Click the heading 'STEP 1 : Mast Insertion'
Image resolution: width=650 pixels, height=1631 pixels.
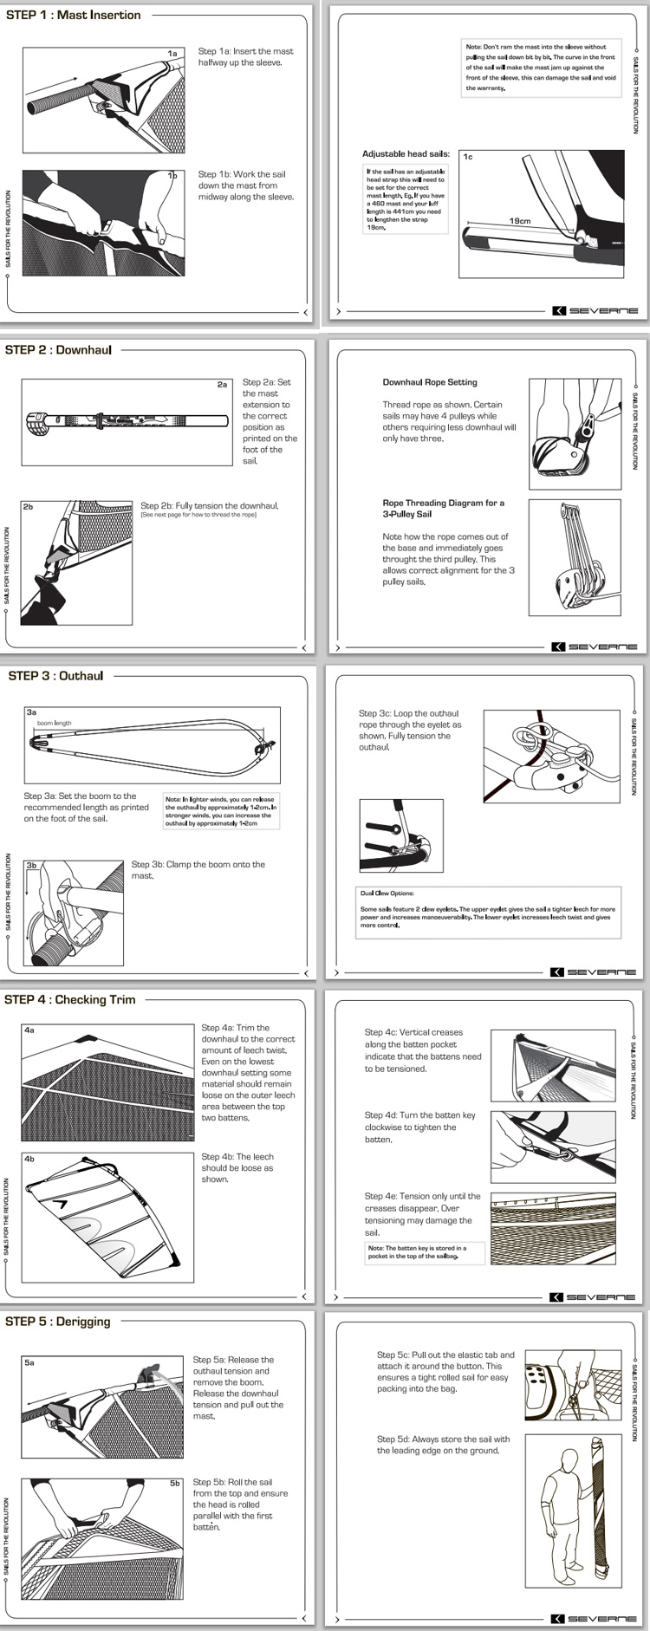(73, 15)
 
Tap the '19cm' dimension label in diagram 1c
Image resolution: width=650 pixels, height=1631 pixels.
(519, 221)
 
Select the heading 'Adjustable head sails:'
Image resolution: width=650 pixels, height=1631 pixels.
(406, 153)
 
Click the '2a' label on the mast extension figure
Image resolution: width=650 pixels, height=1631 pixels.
(222, 385)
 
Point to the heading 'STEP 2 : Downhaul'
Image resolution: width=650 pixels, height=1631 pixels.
(58, 350)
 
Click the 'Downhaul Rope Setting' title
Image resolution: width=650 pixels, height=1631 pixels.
(430, 382)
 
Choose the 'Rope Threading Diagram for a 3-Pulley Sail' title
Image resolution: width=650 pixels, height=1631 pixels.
(443, 508)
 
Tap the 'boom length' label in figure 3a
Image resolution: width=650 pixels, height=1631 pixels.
(55, 723)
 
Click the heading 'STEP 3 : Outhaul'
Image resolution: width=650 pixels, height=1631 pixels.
(55, 676)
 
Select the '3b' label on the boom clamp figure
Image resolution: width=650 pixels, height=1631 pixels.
(31, 865)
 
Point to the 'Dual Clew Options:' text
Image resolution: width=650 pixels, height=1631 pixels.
(387, 893)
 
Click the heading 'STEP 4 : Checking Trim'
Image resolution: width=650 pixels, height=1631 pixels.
(70, 999)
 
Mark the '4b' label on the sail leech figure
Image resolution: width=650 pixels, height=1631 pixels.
(29, 1159)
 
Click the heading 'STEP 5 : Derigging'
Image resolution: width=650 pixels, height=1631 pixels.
(58, 1322)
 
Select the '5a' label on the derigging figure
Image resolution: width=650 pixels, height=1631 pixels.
(29, 1363)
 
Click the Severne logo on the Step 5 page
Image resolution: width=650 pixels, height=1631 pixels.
(595, 1619)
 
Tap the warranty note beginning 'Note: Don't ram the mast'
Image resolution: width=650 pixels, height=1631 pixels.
(541, 67)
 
